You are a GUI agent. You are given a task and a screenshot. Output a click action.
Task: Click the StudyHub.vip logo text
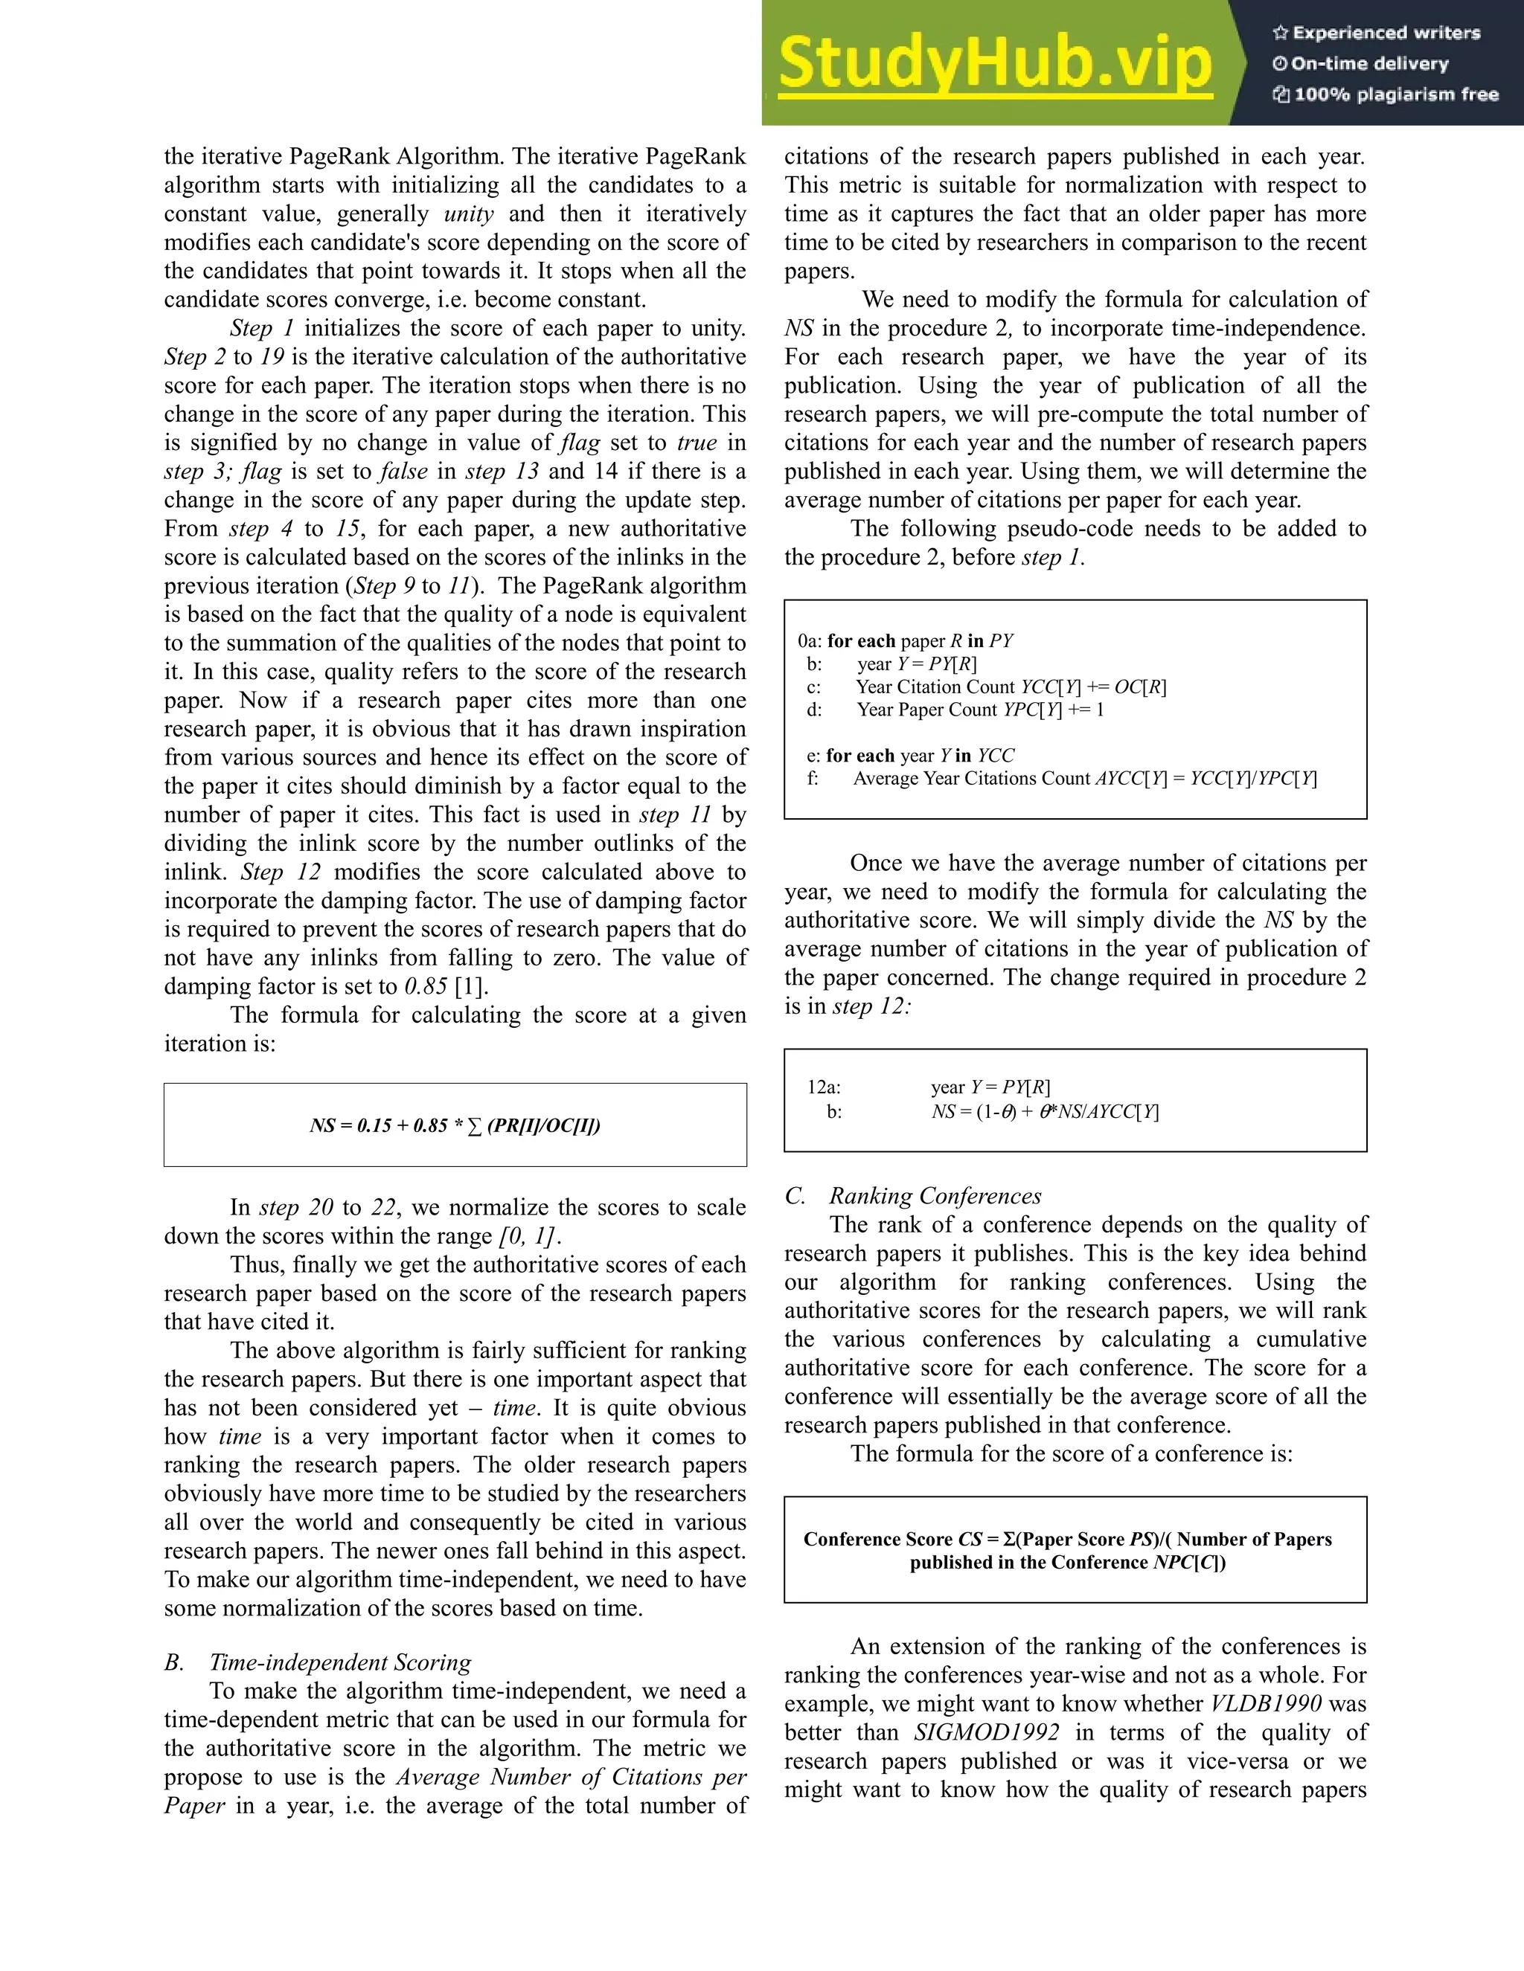pyautogui.click(x=994, y=63)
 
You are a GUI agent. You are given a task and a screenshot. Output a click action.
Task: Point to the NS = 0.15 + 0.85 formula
pyautogui.click(x=454, y=1125)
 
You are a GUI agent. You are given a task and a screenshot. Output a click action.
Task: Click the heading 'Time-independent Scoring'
pyautogui.click(x=339, y=1662)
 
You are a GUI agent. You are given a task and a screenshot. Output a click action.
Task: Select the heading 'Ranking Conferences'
pyautogui.click(x=935, y=1196)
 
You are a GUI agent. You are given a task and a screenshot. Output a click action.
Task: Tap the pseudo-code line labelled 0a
pyautogui.click(x=906, y=640)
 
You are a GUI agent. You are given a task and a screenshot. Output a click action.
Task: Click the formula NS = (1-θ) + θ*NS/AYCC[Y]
pyautogui.click(x=1045, y=1112)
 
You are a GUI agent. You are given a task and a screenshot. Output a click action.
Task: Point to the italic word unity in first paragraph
pyautogui.click(x=469, y=214)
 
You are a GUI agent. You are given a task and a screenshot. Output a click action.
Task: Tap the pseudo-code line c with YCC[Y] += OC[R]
pyautogui.click(x=1011, y=687)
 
